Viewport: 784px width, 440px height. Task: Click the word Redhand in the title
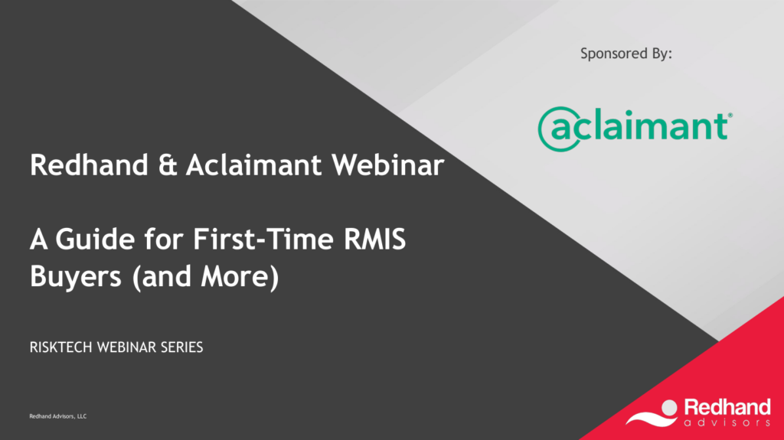(89, 165)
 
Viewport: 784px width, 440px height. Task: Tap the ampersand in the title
(168, 165)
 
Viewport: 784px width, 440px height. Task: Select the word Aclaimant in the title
(253, 165)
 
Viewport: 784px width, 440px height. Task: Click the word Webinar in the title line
(388, 165)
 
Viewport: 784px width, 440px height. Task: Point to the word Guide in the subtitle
(95, 239)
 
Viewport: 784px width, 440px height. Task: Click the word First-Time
(263, 239)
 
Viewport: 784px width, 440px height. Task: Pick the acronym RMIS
(374, 239)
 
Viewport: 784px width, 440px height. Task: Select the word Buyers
(76, 277)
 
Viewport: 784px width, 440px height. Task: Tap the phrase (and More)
(205, 277)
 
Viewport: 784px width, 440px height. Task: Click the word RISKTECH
(61, 347)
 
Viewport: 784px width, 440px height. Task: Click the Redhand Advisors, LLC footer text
(58, 416)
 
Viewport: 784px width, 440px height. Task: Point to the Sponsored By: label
(626, 54)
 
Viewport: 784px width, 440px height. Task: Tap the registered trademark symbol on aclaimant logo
(730, 116)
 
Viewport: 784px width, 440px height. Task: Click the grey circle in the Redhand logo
(668, 408)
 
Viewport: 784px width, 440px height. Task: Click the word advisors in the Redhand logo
(727, 423)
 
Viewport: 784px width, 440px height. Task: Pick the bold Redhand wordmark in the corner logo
(727, 407)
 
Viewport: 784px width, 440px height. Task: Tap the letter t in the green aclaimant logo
(720, 125)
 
